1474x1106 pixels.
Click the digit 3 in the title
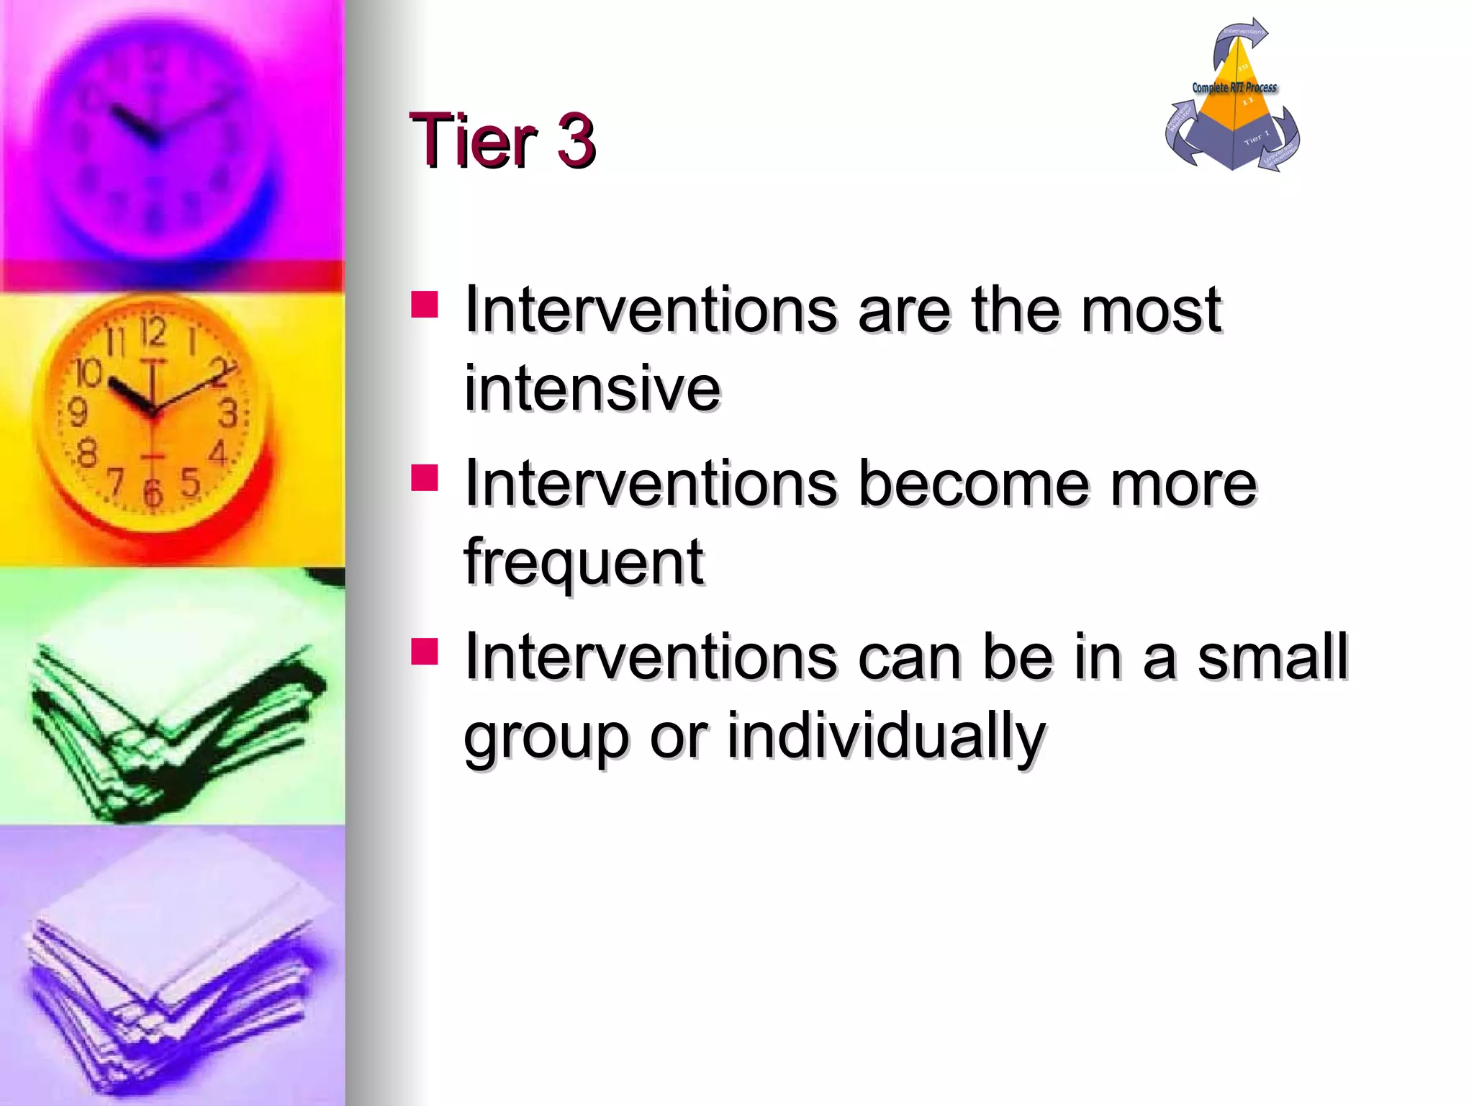(575, 140)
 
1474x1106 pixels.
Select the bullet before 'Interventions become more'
(425, 477)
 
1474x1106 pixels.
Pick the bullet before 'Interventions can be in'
(425, 651)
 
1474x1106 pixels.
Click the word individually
(885, 736)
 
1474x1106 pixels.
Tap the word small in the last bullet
(1272, 656)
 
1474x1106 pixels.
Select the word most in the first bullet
(1151, 310)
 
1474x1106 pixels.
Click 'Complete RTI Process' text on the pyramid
(1234, 88)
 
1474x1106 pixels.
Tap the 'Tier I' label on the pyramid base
(1256, 137)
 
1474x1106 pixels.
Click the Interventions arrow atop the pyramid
(1242, 36)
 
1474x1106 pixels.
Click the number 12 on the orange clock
(153, 333)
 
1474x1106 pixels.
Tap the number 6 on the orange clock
(153, 493)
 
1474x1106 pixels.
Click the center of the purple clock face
(153, 137)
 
